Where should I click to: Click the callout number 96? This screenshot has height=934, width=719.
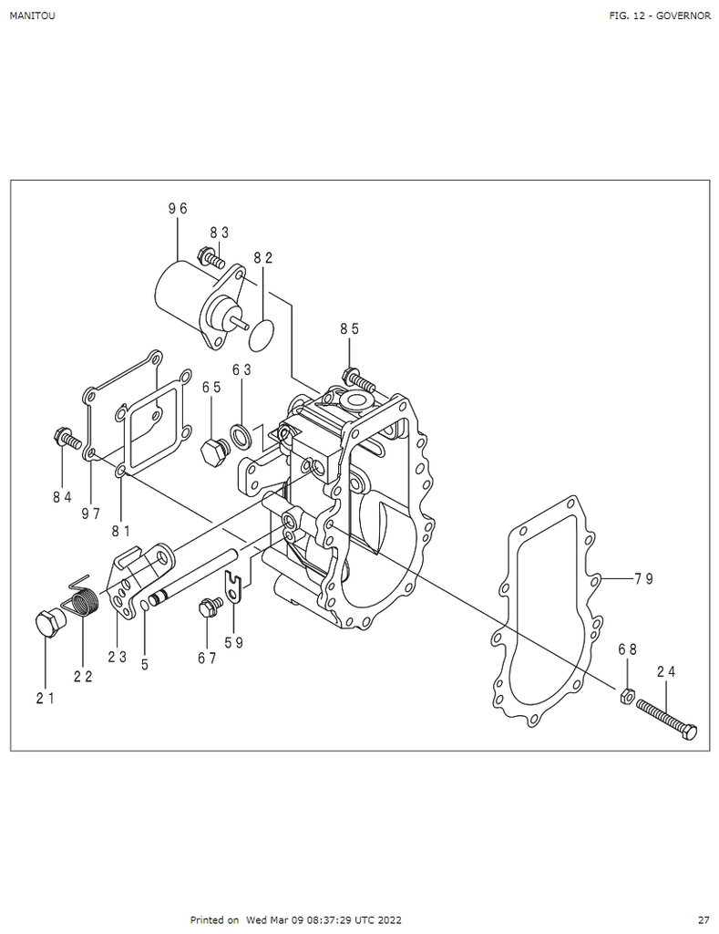click(x=177, y=209)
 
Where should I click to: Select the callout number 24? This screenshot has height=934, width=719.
click(x=666, y=672)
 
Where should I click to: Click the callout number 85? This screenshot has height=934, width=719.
click(x=350, y=329)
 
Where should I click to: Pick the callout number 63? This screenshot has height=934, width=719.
click(x=241, y=370)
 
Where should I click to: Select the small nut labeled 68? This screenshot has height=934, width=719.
click(x=626, y=696)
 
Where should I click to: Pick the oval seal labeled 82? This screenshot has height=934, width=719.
click(x=262, y=333)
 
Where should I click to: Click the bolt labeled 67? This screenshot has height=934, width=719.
click(x=207, y=608)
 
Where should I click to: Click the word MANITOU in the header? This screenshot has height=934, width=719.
click(x=32, y=16)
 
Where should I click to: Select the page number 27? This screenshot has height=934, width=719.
click(x=703, y=920)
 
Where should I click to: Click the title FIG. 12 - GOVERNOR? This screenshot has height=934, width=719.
click(x=660, y=16)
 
